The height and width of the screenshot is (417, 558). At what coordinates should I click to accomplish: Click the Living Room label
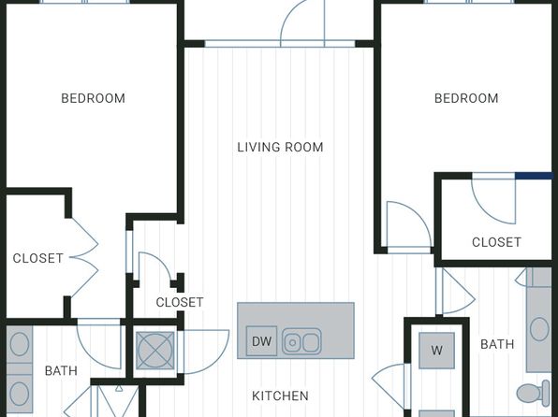280,147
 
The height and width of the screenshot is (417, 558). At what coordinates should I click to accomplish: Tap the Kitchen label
280,395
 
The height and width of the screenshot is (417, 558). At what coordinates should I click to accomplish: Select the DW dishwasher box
261,341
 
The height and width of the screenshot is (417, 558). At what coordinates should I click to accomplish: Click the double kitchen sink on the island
301,341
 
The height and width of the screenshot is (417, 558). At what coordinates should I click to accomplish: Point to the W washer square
436,351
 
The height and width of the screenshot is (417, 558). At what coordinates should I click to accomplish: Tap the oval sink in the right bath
539,329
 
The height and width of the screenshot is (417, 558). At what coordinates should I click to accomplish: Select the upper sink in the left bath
20,344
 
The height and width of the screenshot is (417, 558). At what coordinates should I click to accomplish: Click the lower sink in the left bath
20,394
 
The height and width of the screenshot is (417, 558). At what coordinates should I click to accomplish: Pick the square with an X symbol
155,351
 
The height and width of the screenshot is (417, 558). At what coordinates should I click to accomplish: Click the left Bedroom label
93,98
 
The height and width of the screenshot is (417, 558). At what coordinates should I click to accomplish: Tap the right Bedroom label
466,98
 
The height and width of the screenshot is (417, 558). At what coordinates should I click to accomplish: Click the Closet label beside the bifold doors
38,258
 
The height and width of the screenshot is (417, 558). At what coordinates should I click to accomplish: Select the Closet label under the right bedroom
496,242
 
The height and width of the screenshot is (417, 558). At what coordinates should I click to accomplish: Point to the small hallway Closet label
180,302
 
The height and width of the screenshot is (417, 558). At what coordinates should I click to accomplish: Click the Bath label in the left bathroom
61,371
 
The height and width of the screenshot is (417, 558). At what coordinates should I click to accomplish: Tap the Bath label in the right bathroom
497,344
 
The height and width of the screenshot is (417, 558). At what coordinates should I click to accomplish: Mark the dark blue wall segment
534,176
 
